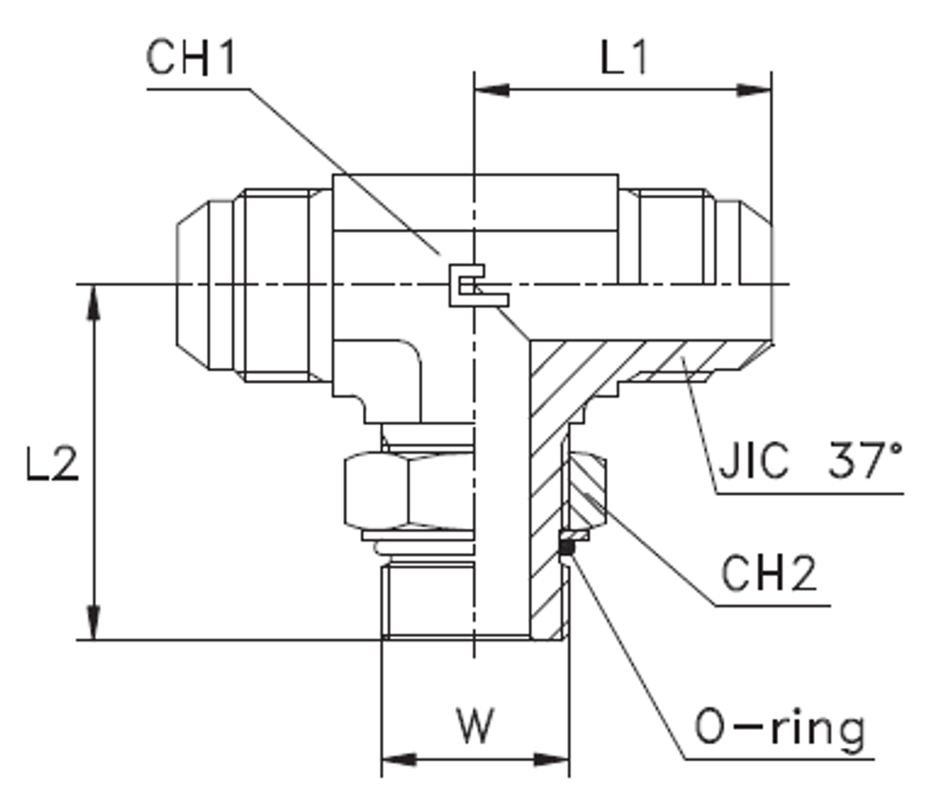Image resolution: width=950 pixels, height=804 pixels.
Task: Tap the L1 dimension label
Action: pyautogui.click(x=623, y=59)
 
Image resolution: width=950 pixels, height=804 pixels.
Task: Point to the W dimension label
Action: pyautogui.click(x=474, y=727)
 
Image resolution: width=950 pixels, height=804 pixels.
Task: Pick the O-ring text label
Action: pyautogui.click(x=779, y=729)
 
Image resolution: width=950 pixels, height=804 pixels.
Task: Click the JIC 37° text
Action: pyautogui.click(x=807, y=463)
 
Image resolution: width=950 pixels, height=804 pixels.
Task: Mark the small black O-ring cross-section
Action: pyautogui.click(x=567, y=546)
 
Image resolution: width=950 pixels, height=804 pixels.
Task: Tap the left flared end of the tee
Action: pyautogui.click(x=204, y=284)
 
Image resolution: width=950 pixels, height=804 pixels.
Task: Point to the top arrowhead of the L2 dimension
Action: pyautogui.click(x=93, y=302)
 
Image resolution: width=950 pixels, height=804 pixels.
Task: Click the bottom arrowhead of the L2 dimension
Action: pyautogui.click(x=93, y=622)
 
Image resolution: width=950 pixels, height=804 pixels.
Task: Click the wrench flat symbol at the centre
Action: pyautogui.click(x=475, y=285)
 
